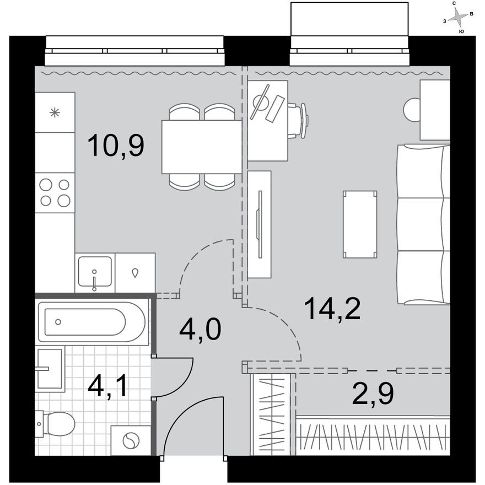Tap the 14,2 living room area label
(332, 310)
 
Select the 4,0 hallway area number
(200, 330)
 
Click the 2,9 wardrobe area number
(374, 394)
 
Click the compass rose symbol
(457, 18)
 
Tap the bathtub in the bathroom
(92, 322)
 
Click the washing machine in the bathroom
(131, 441)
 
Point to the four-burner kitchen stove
(55, 193)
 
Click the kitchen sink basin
(94, 272)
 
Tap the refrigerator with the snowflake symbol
(55, 112)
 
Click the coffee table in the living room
(360, 224)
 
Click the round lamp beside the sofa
(412, 110)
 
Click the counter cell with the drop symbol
(135, 272)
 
